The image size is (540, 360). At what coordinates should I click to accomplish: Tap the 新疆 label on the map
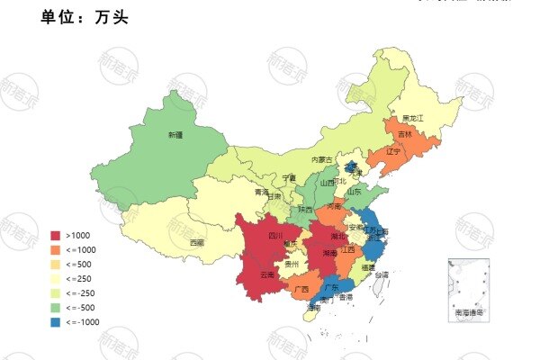click(x=175, y=135)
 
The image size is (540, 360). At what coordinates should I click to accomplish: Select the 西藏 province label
click(x=196, y=242)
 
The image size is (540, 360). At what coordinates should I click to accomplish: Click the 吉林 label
click(x=404, y=135)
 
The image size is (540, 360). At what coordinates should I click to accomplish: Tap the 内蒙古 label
click(x=321, y=159)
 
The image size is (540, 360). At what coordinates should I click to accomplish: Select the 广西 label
click(x=301, y=289)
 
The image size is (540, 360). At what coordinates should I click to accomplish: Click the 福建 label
click(x=367, y=267)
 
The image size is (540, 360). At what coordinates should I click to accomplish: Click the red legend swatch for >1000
click(x=56, y=236)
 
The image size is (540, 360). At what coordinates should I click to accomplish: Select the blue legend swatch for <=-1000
click(x=56, y=321)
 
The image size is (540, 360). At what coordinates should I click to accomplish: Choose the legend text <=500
click(x=79, y=265)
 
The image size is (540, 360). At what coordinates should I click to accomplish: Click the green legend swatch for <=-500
click(x=56, y=307)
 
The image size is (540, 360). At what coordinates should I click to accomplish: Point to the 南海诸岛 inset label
click(x=468, y=312)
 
